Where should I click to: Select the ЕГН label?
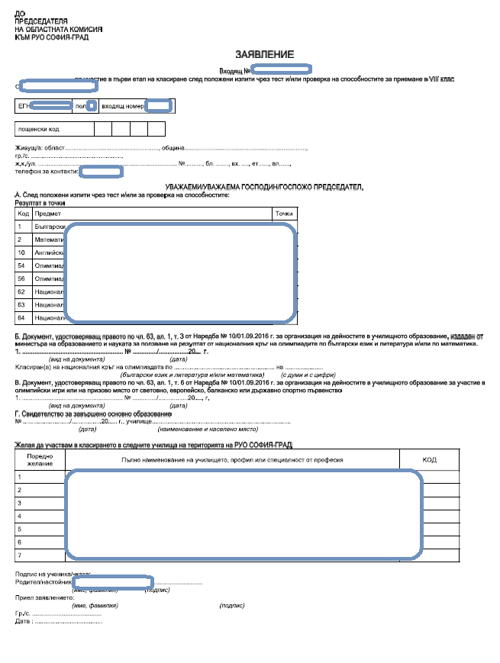click(24, 106)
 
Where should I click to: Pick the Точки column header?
click(284, 214)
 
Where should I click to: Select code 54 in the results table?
click(22, 265)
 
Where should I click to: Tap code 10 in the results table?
click(22, 252)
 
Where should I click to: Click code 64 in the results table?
click(22, 317)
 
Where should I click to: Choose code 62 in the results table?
click(22, 291)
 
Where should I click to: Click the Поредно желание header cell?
click(40, 460)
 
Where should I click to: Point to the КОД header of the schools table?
click(429, 460)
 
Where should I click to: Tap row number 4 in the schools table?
click(20, 516)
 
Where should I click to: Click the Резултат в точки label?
click(40, 203)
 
